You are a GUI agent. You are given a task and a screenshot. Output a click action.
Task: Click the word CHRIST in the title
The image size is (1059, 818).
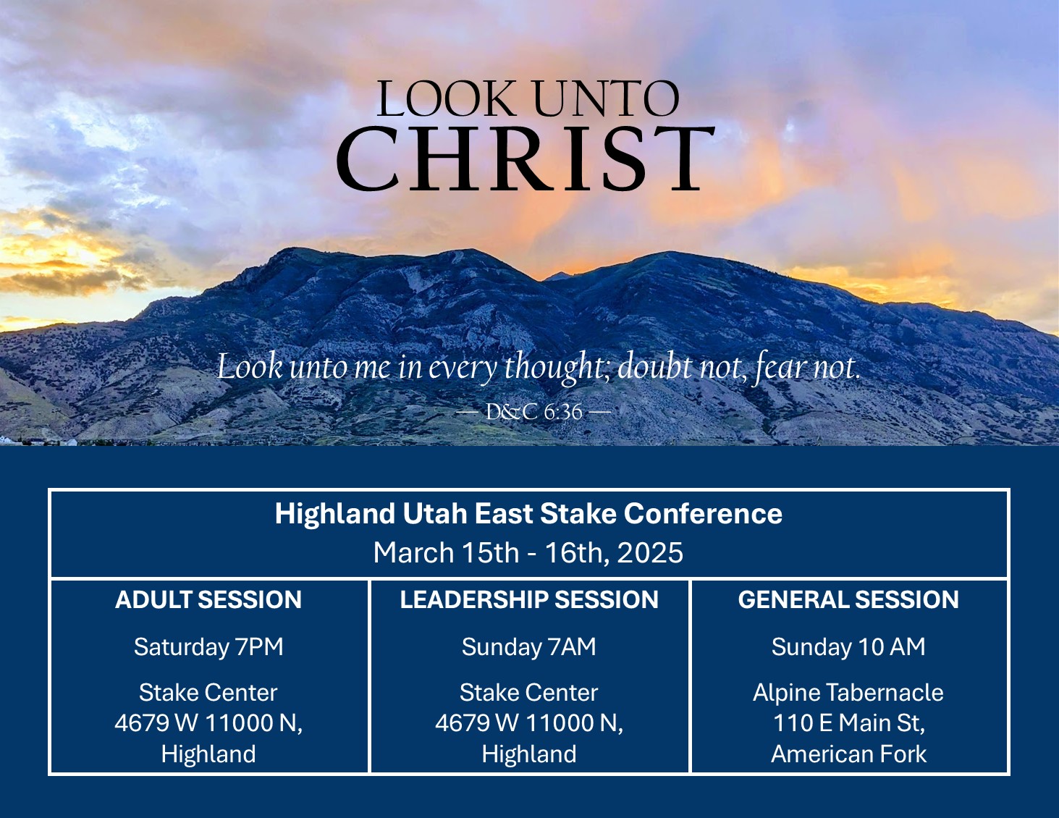pyautogui.click(x=526, y=159)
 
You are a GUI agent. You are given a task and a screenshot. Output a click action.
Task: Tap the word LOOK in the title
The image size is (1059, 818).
pyautogui.click(x=446, y=99)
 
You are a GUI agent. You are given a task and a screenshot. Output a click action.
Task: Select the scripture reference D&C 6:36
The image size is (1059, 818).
pyautogui.click(x=533, y=412)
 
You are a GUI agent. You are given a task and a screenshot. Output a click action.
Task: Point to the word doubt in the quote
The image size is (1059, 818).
pyautogui.click(x=654, y=366)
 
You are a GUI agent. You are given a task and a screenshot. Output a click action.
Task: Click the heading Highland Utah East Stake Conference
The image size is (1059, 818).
pyautogui.click(x=528, y=513)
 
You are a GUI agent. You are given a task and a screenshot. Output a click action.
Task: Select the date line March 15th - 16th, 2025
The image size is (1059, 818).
pyautogui.click(x=528, y=552)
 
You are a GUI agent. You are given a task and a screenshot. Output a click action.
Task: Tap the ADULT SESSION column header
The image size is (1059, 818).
pyautogui.click(x=208, y=599)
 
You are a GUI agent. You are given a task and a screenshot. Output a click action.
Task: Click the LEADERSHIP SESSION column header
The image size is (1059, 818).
pyautogui.click(x=529, y=599)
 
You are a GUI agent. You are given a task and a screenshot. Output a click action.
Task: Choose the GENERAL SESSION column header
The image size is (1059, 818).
pyautogui.click(x=848, y=599)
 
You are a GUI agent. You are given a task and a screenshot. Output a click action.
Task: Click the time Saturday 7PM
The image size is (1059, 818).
pyautogui.click(x=208, y=647)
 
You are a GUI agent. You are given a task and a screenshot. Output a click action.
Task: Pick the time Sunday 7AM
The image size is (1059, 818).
pyautogui.click(x=528, y=647)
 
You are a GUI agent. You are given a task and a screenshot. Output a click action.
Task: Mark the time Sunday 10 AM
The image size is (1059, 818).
pyautogui.click(x=848, y=647)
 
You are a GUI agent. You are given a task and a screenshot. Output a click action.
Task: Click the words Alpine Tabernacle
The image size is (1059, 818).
pyautogui.click(x=848, y=693)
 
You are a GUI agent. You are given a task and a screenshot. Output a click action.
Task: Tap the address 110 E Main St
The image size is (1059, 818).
pyautogui.click(x=848, y=723)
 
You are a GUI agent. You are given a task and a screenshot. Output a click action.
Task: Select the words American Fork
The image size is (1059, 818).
pyautogui.click(x=848, y=754)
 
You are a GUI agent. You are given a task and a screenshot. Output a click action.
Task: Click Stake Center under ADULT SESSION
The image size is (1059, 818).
pyautogui.click(x=208, y=692)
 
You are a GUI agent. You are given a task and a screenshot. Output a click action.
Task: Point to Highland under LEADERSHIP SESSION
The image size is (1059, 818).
pyautogui.click(x=529, y=754)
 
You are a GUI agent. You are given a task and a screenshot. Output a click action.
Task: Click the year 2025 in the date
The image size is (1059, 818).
pyautogui.click(x=650, y=552)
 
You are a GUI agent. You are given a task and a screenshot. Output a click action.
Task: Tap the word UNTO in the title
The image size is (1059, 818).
pyautogui.click(x=606, y=99)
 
